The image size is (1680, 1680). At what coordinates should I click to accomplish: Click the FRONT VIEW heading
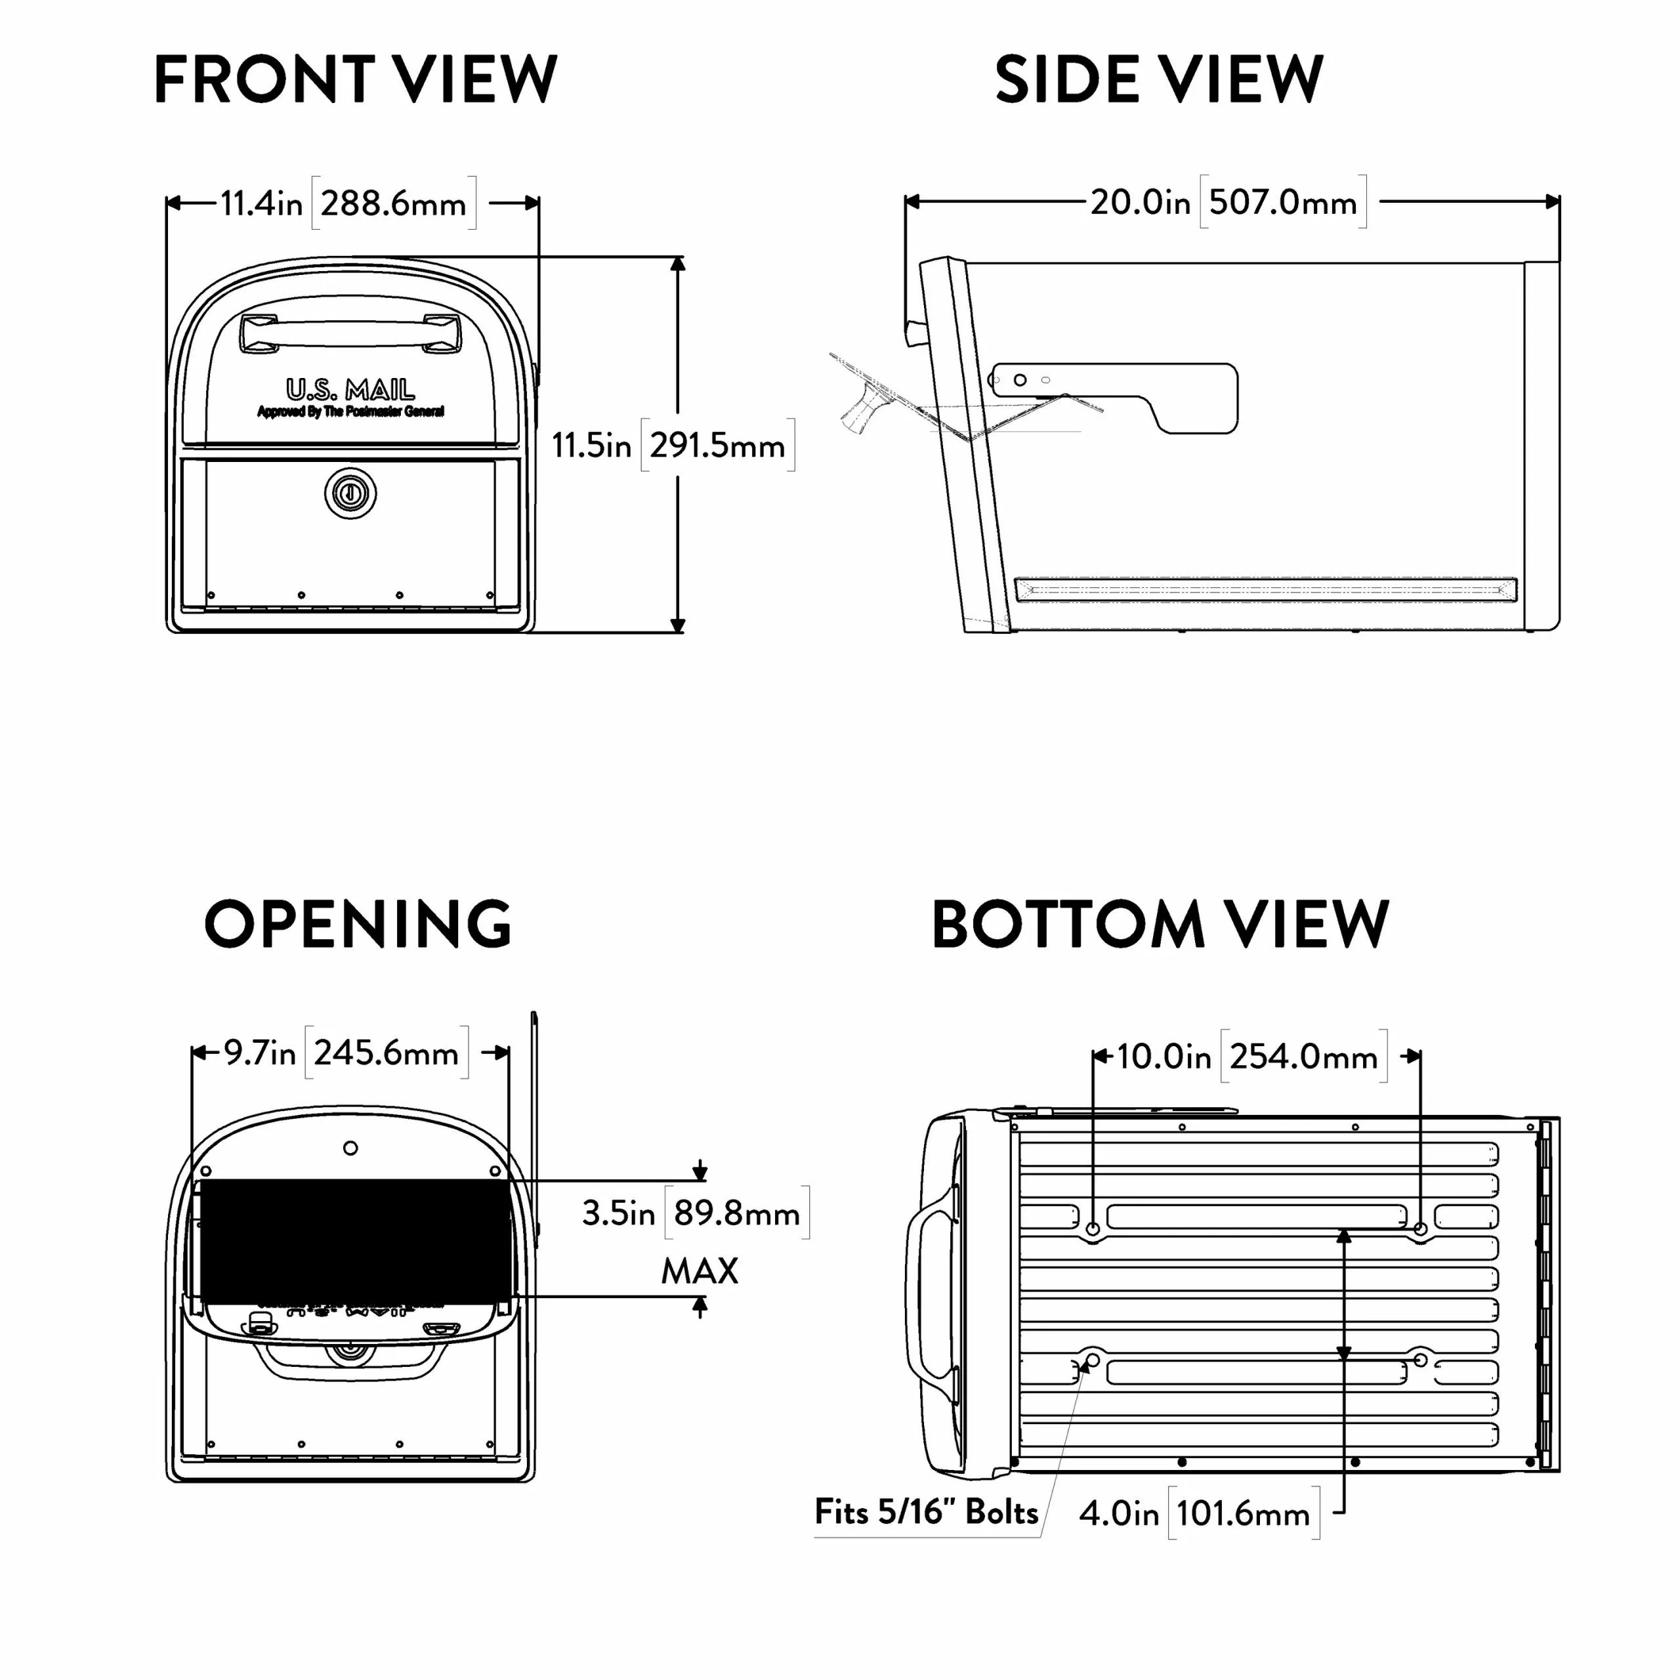pyautogui.click(x=355, y=79)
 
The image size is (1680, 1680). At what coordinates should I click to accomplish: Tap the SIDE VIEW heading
pyautogui.click(x=1158, y=79)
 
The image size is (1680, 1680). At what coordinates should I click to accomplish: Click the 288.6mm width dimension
pyautogui.click(x=393, y=203)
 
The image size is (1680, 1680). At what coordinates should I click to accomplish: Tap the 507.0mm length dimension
pyautogui.click(x=1282, y=203)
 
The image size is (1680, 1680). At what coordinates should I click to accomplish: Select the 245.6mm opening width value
pyautogui.click(x=386, y=1053)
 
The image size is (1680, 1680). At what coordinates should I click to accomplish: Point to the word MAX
pyautogui.click(x=699, y=1271)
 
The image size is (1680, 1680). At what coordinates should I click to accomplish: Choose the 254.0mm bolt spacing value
pyautogui.click(x=1303, y=1057)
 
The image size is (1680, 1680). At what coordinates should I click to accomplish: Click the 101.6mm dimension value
pyautogui.click(x=1242, y=1514)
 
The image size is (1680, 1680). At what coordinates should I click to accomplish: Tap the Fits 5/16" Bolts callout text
pyautogui.click(x=926, y=1512)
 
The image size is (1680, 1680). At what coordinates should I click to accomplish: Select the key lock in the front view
pyautogui.click(x=350, y=494)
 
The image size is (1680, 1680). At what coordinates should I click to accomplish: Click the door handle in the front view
pyautogui.click(x=350, y=333)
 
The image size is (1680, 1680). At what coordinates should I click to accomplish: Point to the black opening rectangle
pyautogui.click(x=356, y=1241)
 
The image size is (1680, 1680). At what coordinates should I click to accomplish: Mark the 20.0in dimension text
pyautogui.click(x=1140, y=203)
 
